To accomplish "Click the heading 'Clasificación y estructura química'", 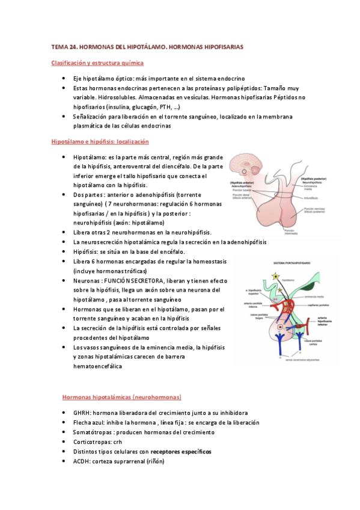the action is click(x=96, y=63).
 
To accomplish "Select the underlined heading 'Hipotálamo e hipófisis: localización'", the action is click(x=99, y=141).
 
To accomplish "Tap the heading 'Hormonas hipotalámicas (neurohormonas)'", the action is click(x=121, y=398).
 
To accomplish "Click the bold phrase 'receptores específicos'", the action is click(x=180, y=451).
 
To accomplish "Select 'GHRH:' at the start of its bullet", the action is click(x=81, y=413).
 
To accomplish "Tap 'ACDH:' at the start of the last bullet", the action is click(x=82, y=461).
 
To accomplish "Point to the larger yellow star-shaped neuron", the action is click(x=277, y=276).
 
